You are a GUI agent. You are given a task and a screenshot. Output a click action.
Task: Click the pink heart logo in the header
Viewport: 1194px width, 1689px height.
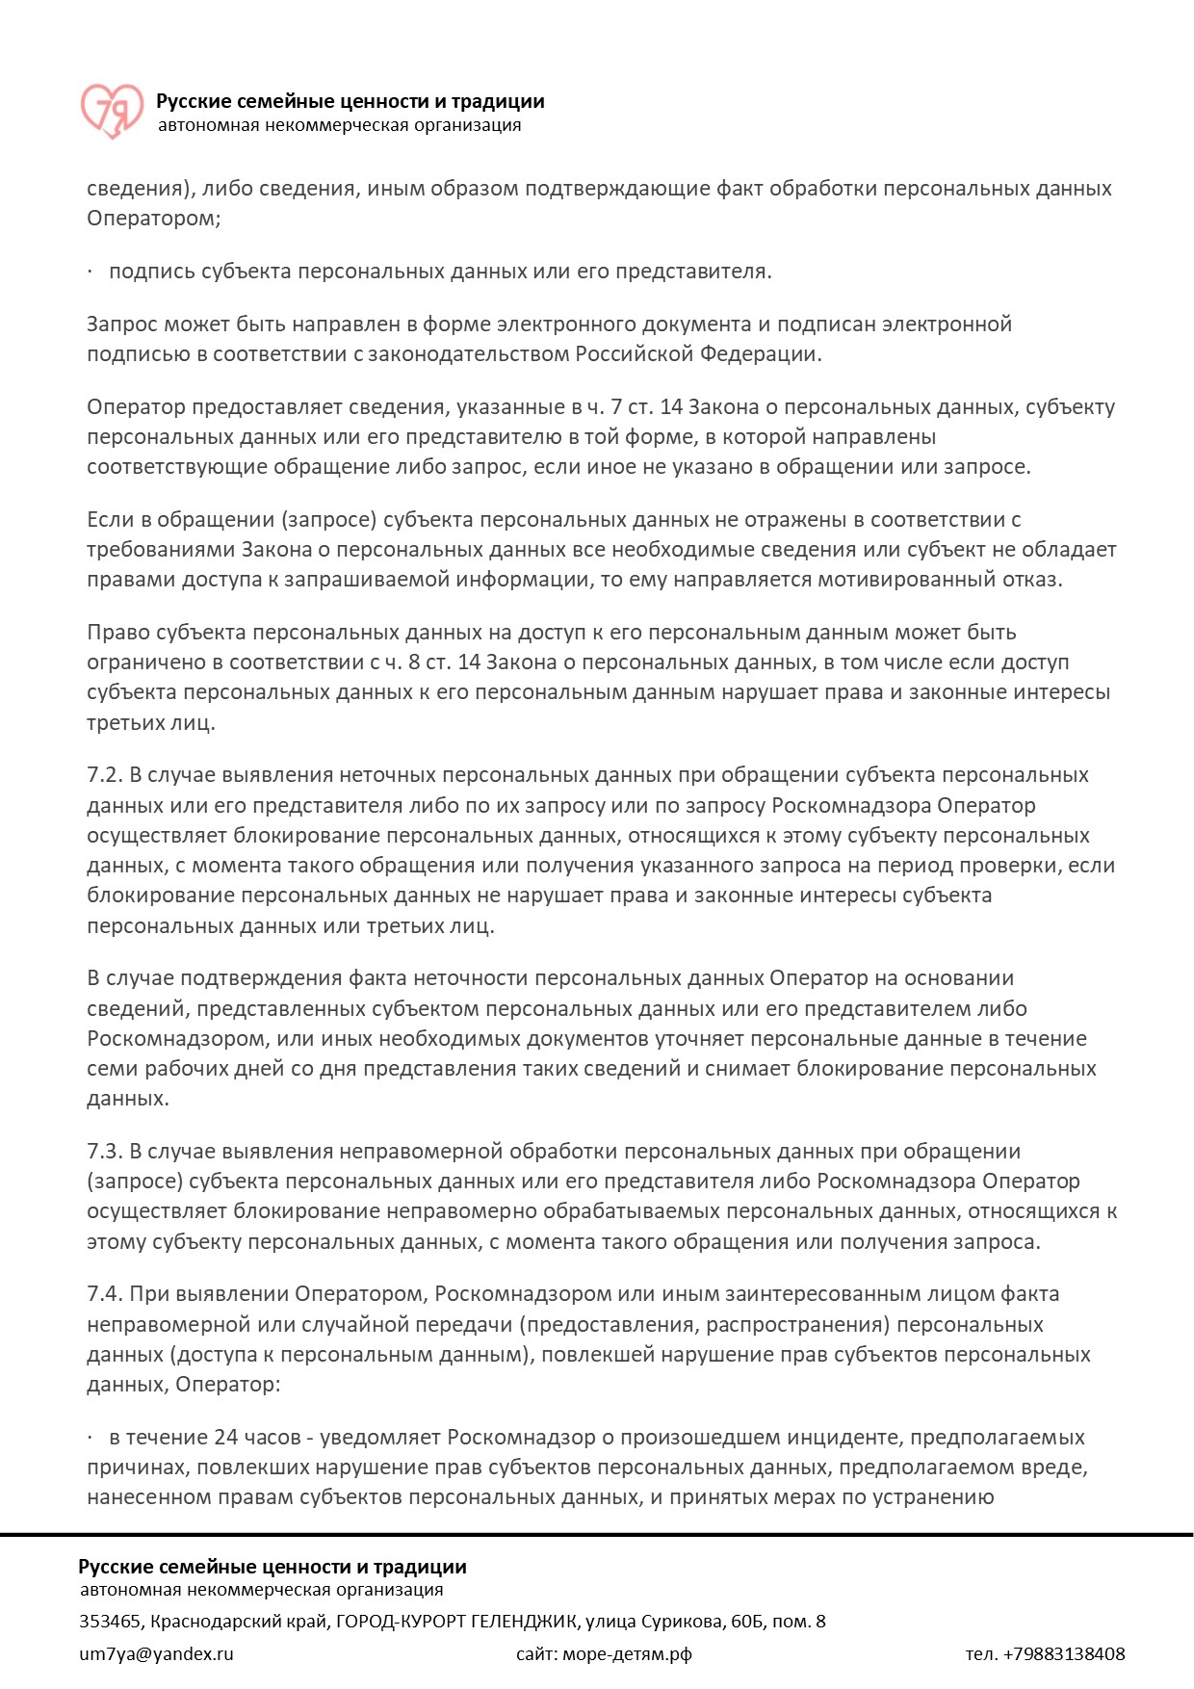pos(111,110)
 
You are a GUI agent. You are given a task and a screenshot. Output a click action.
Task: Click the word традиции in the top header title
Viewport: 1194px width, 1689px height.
pos(500,101)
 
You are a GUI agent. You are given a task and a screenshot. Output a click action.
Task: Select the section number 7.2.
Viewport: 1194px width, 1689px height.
pos(104,775)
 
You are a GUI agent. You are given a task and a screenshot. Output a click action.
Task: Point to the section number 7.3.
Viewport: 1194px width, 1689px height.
pos(104,1152)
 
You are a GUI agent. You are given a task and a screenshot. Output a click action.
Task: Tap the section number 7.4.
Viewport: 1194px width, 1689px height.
pos(104,1294)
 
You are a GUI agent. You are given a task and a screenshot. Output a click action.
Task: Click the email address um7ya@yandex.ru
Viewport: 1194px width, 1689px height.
pos(156,1654)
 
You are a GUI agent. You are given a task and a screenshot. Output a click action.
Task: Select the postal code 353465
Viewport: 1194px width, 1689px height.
pos(110,1622)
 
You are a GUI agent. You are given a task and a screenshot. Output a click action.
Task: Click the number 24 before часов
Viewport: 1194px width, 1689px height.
pos(225,1438)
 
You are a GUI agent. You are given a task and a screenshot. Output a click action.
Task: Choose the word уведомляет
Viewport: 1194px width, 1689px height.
pos(380,1438)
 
